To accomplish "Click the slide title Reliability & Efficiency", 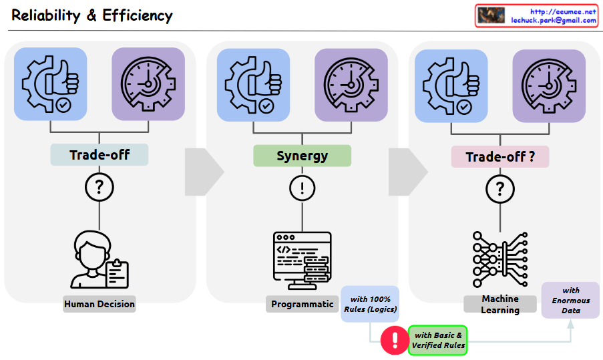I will [92, 15].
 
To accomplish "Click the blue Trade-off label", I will [99, 156].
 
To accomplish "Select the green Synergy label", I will [302, 156].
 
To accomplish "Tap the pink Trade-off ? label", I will [500, 157].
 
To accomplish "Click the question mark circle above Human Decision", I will [99, 187].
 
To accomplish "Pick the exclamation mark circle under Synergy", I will [302, 187].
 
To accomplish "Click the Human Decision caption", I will [99, 304].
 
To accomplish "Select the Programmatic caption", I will [303, 304].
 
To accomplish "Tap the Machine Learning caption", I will [500, 305].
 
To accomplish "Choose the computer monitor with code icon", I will [303, 260].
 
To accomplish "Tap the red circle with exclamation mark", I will [393, 340].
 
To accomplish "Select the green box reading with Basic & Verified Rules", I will [438, 340].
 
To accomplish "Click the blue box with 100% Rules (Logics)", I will [370, 304].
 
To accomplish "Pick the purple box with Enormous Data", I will [570, 300].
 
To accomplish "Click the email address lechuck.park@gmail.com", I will [554, 21].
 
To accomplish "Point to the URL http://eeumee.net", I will [562, 11].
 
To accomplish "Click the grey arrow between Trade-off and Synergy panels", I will [202, 172].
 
